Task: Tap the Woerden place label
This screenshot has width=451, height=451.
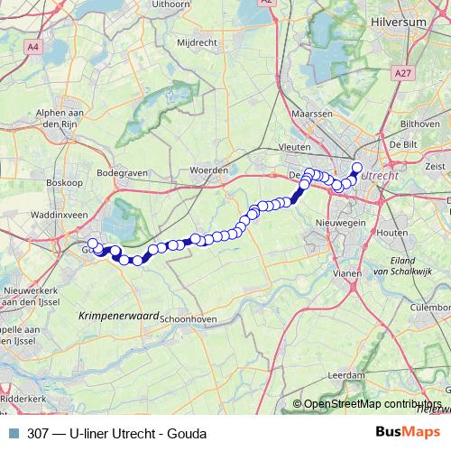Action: (207, 169)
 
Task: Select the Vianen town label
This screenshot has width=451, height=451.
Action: (347, 271)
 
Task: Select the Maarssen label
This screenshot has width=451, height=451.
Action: (311, 115)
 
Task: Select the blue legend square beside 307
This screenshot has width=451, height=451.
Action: (13, 433)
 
